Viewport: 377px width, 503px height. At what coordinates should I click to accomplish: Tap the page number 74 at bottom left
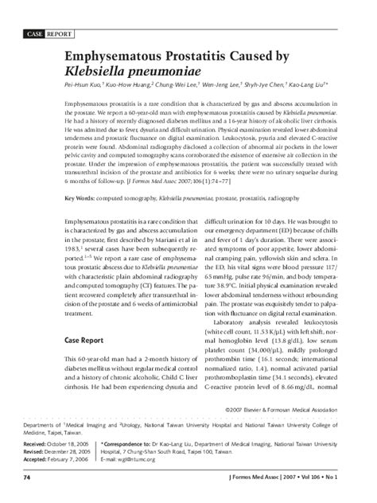pyautogui.click(x=27, y=478)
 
